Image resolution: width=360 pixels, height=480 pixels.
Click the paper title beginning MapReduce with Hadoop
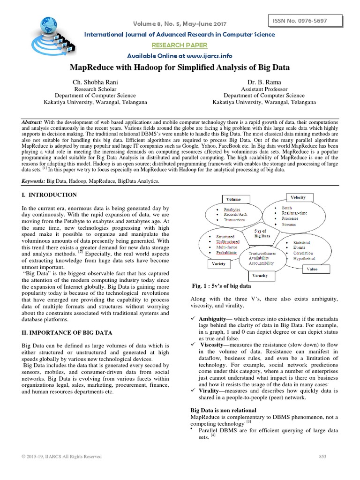pos(180,67)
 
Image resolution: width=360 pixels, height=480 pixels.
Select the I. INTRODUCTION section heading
pos(49,195)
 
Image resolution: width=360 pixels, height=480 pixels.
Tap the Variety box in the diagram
pos(219,263)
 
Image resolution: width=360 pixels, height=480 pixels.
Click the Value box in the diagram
pos(312,269)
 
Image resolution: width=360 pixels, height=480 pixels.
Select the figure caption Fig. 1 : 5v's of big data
pos(222,286)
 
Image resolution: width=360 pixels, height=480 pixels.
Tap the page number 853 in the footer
pos(322,457)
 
